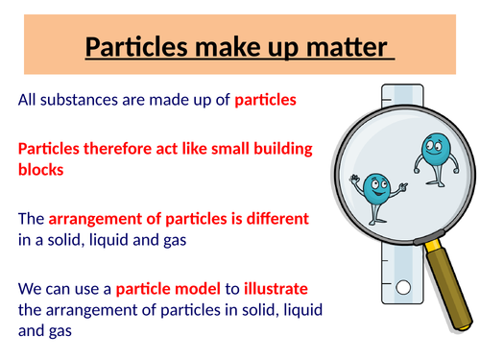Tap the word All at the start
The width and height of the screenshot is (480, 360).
pyautogui.click(x=27, y=101)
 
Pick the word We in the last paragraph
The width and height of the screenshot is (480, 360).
pyautogui.click(x=30, y=288)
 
